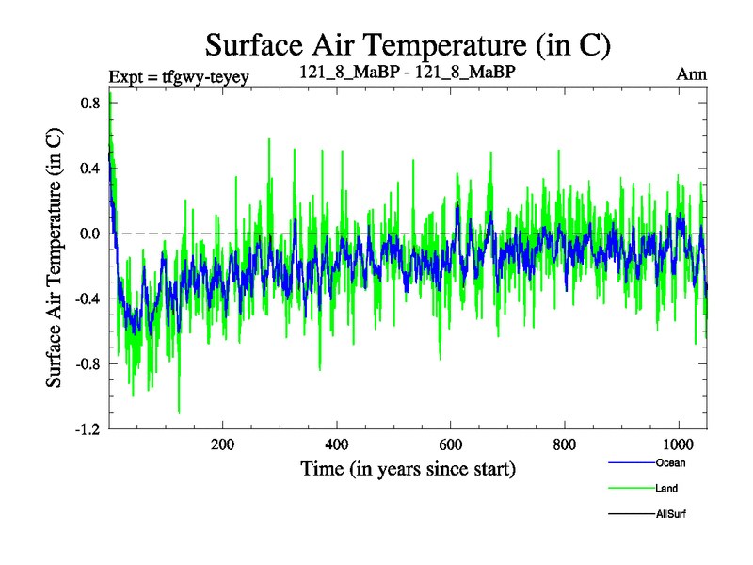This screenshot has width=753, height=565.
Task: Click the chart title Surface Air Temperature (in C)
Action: coord(409,43)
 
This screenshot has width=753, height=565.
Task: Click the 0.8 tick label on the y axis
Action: coord(88,103)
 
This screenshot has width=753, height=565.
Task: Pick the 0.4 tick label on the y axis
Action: coord(88,169)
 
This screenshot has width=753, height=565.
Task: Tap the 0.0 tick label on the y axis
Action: coord(88,234)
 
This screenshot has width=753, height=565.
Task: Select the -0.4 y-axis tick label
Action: coord(87,299)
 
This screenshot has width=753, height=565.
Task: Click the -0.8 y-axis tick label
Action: coord(87,364)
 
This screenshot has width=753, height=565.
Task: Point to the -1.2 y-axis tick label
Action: coord(87,429)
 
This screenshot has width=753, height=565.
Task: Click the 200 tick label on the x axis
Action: coord(222,444)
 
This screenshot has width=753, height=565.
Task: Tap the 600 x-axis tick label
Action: coord(451,444)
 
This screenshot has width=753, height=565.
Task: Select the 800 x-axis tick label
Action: coord(565,444)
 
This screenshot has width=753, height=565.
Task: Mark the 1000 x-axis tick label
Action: coord(679,444)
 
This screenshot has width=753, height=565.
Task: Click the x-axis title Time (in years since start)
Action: coord(408,468)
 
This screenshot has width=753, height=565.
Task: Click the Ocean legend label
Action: coord(670,462)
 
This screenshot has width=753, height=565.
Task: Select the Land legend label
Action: coord(666,489)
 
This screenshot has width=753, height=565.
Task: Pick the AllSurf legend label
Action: coord(671,514)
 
